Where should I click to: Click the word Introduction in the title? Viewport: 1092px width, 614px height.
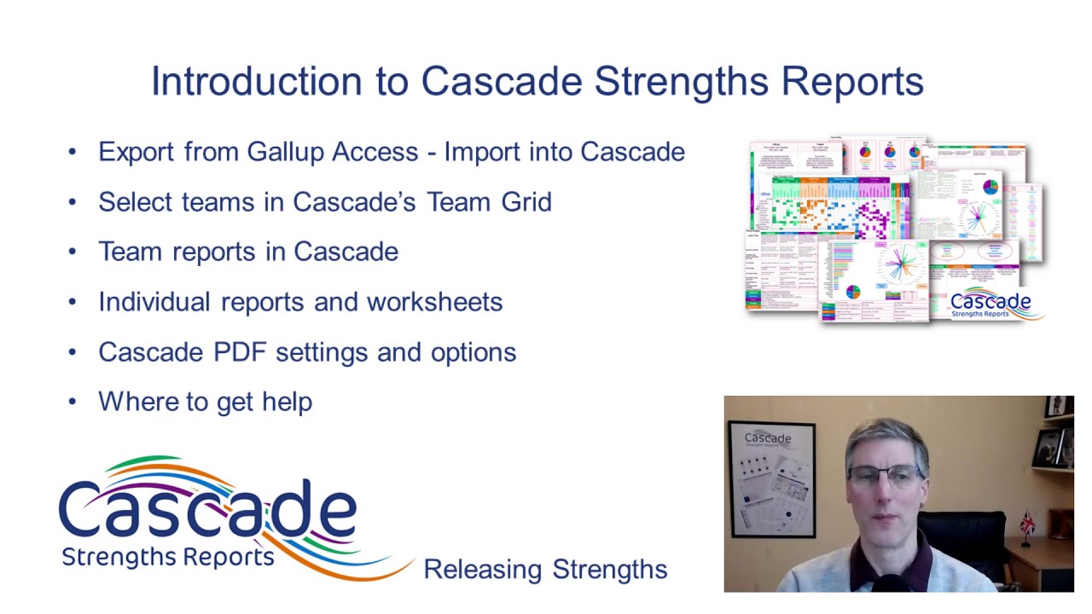[x=256, y=82]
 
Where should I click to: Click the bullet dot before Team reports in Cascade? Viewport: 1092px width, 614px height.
[x=73, y=252]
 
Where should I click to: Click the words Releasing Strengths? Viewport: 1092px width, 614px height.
[x=545, y=569]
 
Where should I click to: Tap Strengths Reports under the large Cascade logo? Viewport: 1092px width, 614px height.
[x=168, y=558]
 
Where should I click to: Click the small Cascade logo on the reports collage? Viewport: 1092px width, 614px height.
[x=990, y=303]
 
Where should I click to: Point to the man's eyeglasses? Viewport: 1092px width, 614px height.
[x=885, y=475]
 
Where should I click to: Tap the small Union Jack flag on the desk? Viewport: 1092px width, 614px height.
[x=1030, y=519]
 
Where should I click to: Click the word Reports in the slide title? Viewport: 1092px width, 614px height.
[x=852, y=82]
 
